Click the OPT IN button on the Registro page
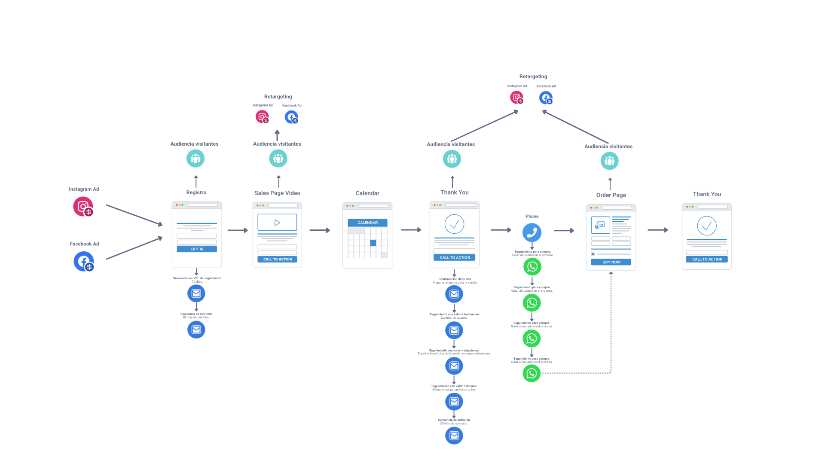(x=197, y=249)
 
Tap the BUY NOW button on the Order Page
(x=611, y=262)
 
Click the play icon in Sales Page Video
(x=277, y=223)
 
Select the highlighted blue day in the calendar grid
(x=373, y=243)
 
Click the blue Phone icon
(x=532, y=232)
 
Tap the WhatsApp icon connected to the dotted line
(x=532, y=373)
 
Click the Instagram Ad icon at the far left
(x=83, y=207)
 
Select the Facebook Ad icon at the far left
(x=83, y=261)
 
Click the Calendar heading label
(x=367, y=193)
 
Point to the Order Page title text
(x=611, y=195)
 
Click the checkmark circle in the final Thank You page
(x=707, y=226)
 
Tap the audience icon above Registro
(x=196, y=159)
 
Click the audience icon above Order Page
(x=609, y=161)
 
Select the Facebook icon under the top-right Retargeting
(x=546, y=98)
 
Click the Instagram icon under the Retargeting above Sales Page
(x=262, y=117)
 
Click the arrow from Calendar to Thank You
(x=411, y=230)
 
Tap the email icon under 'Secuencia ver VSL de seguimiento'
(x=196, y=293)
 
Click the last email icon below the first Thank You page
(x=454, y=436)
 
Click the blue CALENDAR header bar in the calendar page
(x=367, y=223)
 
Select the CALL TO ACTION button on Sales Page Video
(x=277, y=259)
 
